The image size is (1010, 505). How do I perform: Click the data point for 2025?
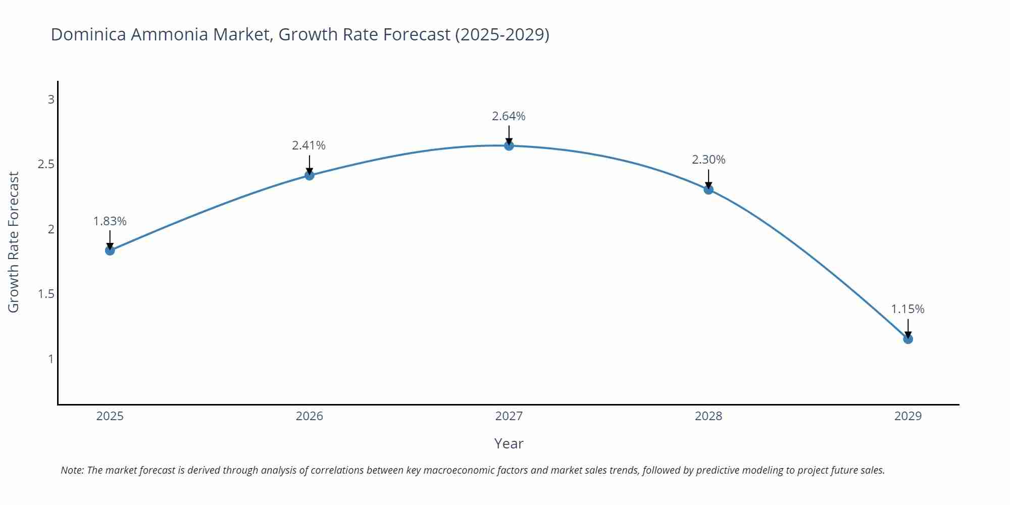(x=110, y=250)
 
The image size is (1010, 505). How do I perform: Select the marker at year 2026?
(x=310, y=175)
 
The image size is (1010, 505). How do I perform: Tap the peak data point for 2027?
(x=509, y=146)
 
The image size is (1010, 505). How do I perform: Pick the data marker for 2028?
(x=709, y=189)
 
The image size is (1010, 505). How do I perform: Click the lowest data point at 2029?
(x=908, y=339)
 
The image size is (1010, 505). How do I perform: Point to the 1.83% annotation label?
(x=110, y=221)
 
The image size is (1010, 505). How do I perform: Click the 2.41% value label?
(x=309, y=145)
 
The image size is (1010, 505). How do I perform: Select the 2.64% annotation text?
(x=509, y=116)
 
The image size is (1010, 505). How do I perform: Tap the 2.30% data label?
(x=709, y=160)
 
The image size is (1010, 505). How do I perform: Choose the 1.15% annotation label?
(x=907, y=309)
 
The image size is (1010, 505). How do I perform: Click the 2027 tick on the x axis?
(x=509, y=416)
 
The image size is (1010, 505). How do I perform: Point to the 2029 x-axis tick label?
(x=908, y=416)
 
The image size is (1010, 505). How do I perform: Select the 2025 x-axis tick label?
(x=110, y=416)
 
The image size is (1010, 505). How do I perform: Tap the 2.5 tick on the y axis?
(x=46, y=164)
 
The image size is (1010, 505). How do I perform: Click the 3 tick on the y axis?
(x=51, y=99)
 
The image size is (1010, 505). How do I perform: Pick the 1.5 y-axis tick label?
(x=46, y=294)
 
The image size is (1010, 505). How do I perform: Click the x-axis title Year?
(x=509, y=443)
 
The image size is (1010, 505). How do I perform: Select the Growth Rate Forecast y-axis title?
(x=14, y=242)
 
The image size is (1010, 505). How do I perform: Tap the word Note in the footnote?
(x=72, y=470)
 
